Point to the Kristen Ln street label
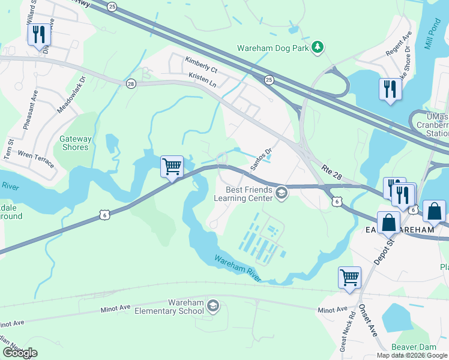tap(202, 77)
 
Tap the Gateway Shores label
tap(76, 143)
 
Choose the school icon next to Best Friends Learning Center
tap(282, 193)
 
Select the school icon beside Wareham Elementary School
tap(212, 307)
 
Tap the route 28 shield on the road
tap(130, 84)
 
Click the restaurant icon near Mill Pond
tap(390, 90)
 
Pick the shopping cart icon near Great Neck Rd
tap(349, 278)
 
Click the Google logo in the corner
tap(20, 353)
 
